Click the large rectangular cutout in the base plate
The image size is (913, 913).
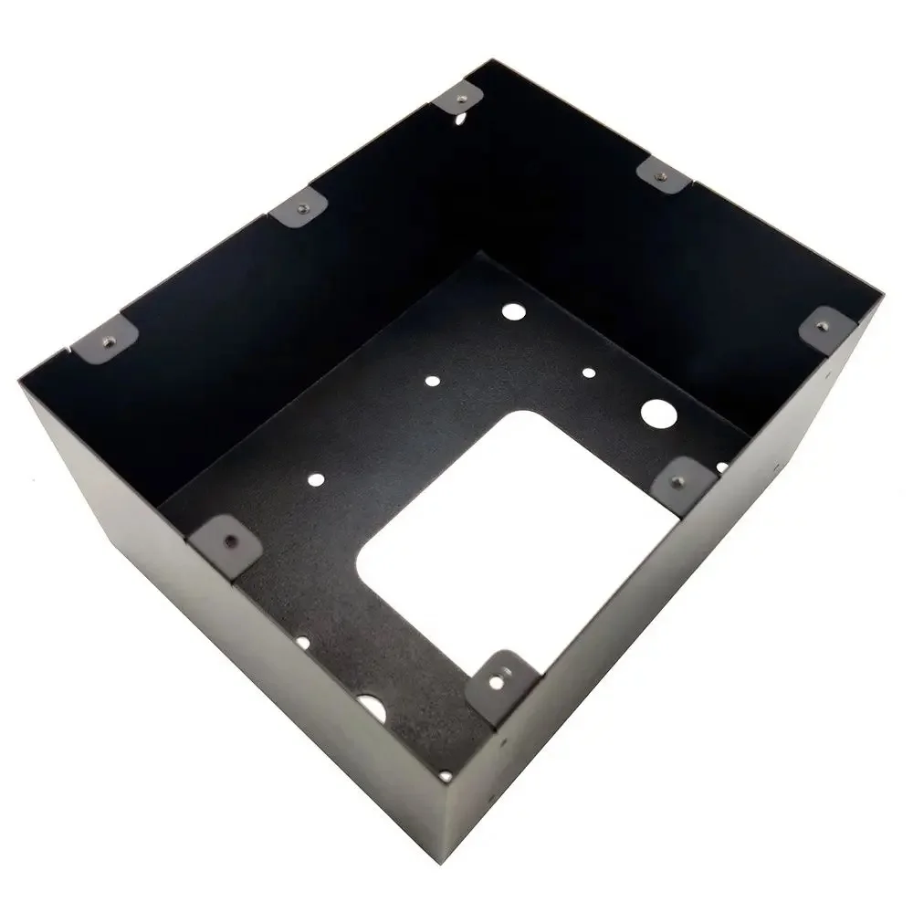(511, 539)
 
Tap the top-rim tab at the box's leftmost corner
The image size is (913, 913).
(105, 342)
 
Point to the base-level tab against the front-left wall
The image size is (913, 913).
(225, 538)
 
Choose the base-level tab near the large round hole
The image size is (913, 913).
(684, 477)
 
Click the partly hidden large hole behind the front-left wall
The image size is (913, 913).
(370, 704)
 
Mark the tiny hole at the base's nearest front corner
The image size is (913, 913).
(445, 775)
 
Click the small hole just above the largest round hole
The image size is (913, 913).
(589, 373)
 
